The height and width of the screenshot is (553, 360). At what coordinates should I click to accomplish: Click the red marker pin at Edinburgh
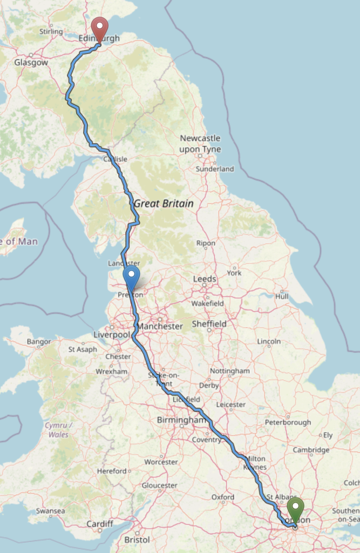click(x=99, y=28)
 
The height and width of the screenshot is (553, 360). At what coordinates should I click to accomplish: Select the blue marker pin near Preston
click(x=131, y=278)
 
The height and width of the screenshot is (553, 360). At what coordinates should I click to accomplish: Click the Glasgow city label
click(x=31, y=63)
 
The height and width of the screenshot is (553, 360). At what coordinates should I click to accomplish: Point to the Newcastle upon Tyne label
click(x=200, y=144)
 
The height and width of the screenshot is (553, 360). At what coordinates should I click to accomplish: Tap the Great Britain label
click(x=164, y=204)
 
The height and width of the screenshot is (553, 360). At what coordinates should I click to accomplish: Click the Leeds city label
click(x=205, y=279)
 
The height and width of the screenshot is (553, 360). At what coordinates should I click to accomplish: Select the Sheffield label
click(x=209, y=323)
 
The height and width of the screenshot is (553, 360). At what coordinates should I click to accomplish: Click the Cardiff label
click(x=100, y=524)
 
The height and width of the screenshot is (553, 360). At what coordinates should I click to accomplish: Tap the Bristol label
click(x=137, y=539)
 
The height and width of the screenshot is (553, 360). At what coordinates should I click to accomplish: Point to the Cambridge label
click(x=311, y=450)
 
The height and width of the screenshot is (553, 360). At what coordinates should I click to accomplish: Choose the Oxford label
click(x=222, y=497)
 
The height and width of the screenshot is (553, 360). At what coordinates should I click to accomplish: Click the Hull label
click(x=282, y=296)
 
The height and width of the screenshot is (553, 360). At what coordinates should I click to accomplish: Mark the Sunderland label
click(x=215, y=169)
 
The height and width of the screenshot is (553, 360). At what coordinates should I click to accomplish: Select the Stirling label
click(x=51, y=32)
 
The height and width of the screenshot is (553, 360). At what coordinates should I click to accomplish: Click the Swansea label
click(x=50, y=511)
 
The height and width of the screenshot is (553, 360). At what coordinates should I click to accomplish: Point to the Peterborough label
click(x=288, y=422)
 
